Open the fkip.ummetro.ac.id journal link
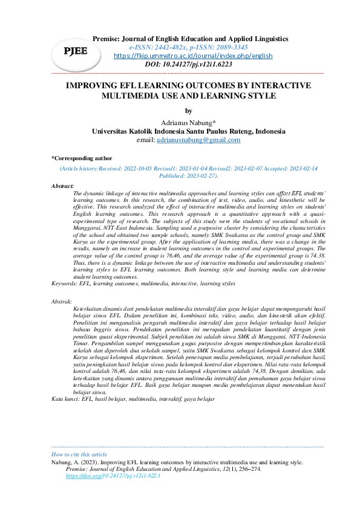click(193, 56)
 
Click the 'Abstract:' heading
click(63, 186)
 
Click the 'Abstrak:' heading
click(62, 300)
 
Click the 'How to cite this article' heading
click(79, 454)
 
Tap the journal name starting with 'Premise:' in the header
click(190, 39)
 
